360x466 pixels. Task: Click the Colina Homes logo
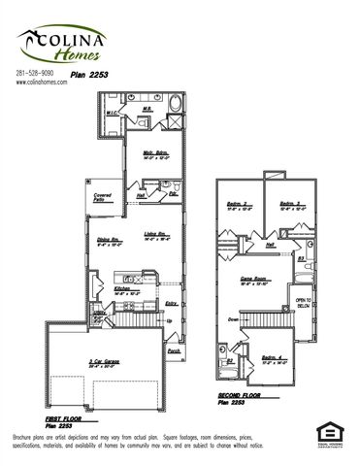point(61,43)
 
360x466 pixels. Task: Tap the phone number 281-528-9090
point(38,75)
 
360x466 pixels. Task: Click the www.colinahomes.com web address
point(41,83)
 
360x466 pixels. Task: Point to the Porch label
point(174,351)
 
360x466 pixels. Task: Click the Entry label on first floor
point(172,303)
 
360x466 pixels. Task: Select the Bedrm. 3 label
point(289,204)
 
